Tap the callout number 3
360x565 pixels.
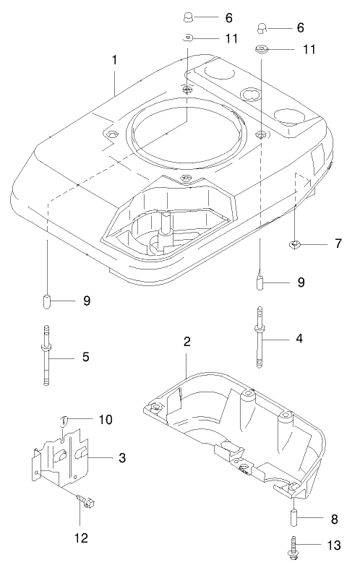(122, 457)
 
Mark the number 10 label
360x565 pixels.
(106, 420)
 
